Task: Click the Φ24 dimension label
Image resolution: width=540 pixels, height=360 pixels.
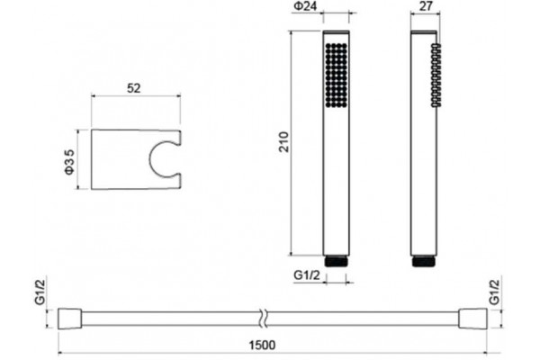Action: click(x=305, y=6)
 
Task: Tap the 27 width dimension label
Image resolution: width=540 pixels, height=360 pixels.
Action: click(x=427, y=6)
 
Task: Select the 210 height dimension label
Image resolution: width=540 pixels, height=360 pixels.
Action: click(x=284, y=141)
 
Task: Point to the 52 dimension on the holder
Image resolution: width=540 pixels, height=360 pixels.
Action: click(x=134, y=88)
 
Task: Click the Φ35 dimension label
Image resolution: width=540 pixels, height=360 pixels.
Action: click(x=70, y=162)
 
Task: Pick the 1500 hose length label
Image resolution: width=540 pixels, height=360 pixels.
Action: click(x=263, y=345)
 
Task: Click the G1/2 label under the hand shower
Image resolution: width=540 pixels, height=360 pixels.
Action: click(x=307, y=275)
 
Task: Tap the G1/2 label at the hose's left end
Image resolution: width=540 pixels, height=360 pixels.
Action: click(x=40, y=292)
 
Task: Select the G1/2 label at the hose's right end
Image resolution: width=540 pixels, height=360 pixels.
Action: click(x=494, y=292)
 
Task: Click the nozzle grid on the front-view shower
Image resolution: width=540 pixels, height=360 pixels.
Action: click(x=336, y=74)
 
